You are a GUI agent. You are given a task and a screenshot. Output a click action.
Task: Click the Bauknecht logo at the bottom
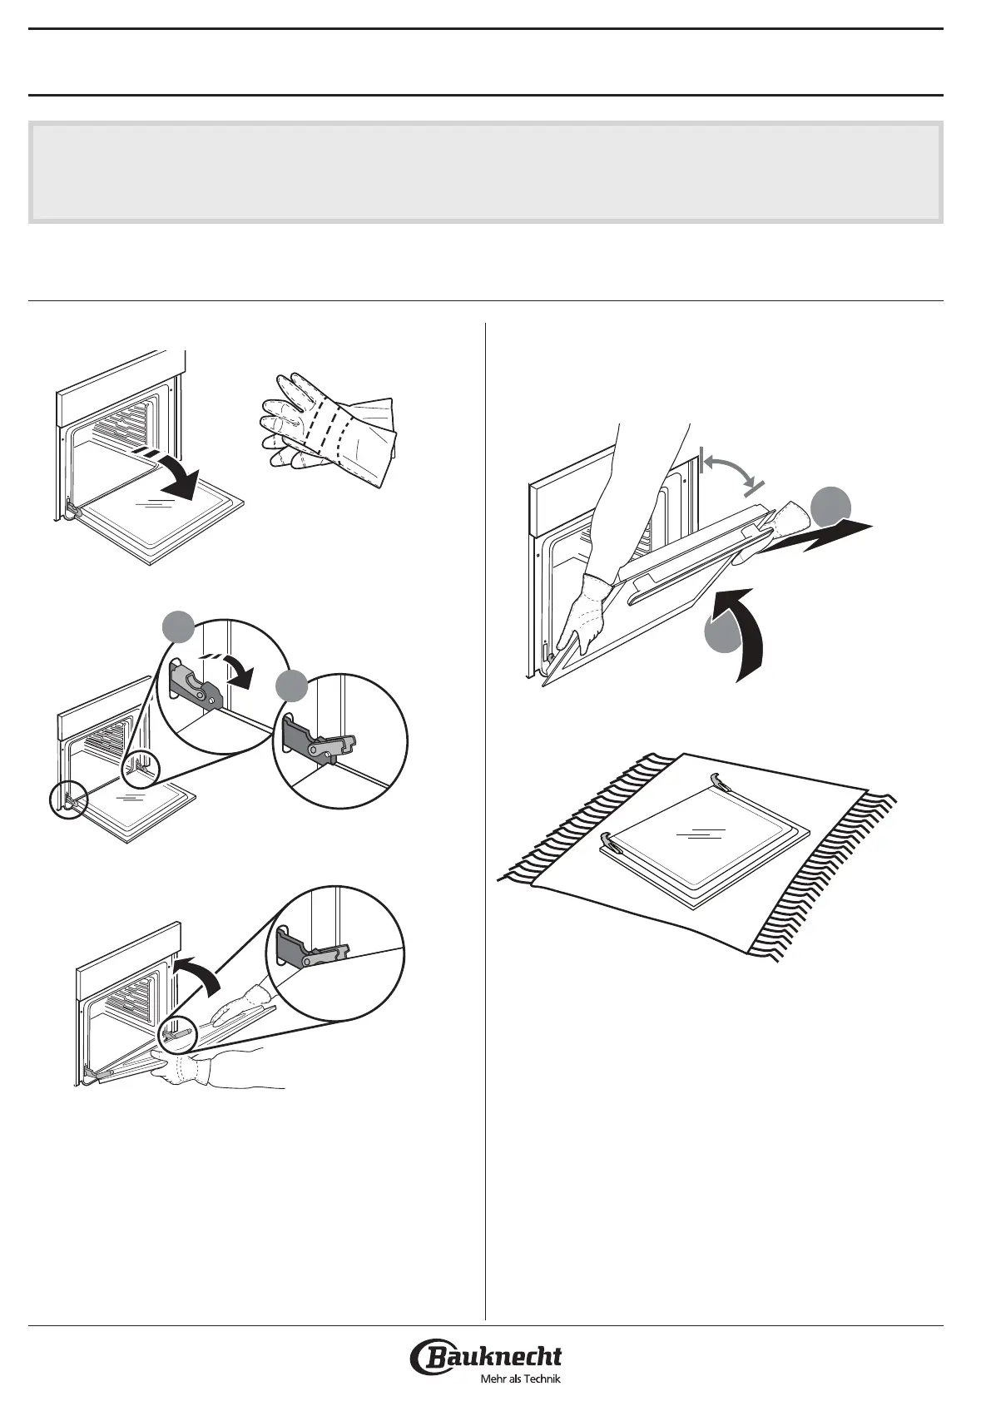click(x=486, y=1352)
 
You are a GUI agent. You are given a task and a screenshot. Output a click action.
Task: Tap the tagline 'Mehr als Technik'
click(x=520, y=1379)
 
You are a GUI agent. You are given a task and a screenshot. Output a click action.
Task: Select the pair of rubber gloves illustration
click(x=328, y=429)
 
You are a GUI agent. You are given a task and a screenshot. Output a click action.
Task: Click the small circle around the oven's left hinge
click(x=68, y=800)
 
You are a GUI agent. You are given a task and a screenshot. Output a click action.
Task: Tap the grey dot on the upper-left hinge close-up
click(x=179, y=627)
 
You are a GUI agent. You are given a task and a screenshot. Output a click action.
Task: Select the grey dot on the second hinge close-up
click(x=292, y=686)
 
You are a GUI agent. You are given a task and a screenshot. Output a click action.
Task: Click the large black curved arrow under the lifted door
click(x=748, y=631)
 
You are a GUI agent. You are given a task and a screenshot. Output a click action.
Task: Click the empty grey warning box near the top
click(x=485, y=172)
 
